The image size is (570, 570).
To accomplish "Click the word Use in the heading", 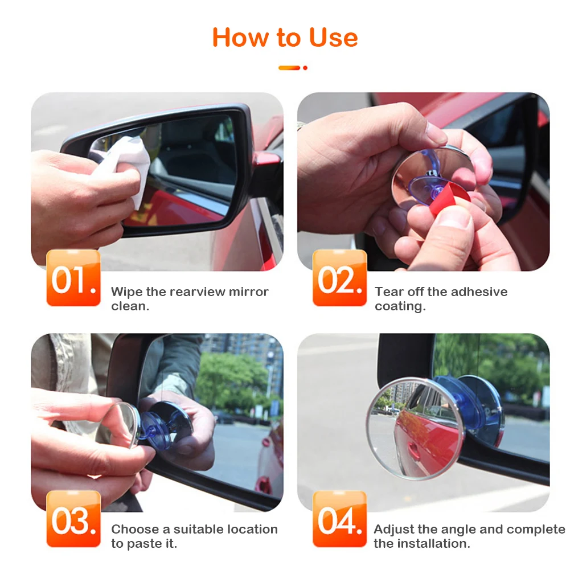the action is [x=333, y=38].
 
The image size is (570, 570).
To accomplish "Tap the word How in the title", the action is [x=240, y=38].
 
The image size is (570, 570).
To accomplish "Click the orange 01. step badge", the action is [x=73, y=278].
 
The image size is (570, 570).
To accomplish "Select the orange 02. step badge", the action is [x=339, y=278].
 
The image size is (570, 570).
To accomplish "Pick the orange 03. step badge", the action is [x=73, y=519].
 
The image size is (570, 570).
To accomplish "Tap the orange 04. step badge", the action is [x=339, y=519].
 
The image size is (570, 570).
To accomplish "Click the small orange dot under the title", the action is [x=305, y=68].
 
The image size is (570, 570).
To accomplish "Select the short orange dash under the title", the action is [x=289, y=68].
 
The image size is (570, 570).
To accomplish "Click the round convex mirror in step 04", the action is [x=416, y=428].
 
